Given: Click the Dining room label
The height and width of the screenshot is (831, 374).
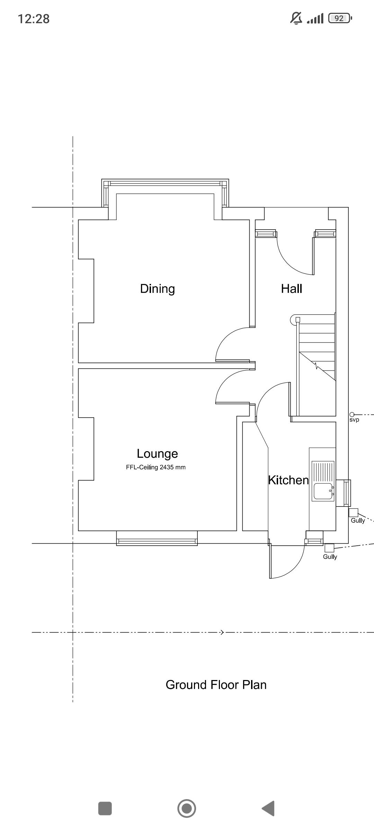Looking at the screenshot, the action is tap(158, 289).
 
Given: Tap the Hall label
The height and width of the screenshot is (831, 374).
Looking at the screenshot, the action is tap(292, 288).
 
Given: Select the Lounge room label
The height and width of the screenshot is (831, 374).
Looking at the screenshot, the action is tap(157, 454).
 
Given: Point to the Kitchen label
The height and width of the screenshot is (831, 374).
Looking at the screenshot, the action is tap(288, 480).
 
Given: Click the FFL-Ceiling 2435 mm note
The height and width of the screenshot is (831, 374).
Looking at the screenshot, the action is tap(156, 467).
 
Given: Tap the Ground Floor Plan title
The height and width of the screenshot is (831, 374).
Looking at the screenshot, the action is tap(216, 685).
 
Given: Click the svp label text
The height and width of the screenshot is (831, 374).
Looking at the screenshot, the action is tap(354, 420).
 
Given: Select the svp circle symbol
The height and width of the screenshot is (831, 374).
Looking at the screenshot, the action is tap(352, 414).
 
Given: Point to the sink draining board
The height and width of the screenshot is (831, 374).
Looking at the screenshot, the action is tap(323, 472).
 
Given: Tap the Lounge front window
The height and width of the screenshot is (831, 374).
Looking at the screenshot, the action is tap(157, 538).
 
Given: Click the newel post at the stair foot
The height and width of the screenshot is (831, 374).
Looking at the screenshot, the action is tap(298, 320).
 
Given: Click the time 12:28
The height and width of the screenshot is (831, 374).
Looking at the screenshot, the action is tap(34, 19).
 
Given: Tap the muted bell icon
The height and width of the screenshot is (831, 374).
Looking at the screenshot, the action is tap(296, 18).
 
